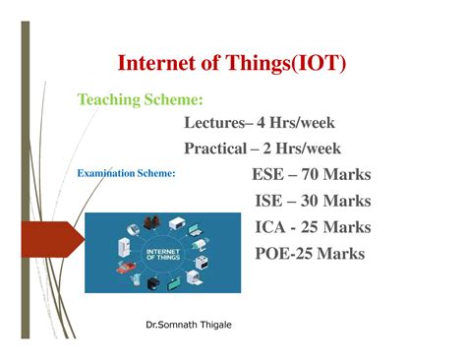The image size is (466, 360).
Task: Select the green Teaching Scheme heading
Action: point(141,99)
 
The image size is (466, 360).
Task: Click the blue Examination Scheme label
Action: point(126,173)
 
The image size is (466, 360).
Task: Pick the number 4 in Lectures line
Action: point(262,123)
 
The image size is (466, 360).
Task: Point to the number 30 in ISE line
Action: point(313,201)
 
